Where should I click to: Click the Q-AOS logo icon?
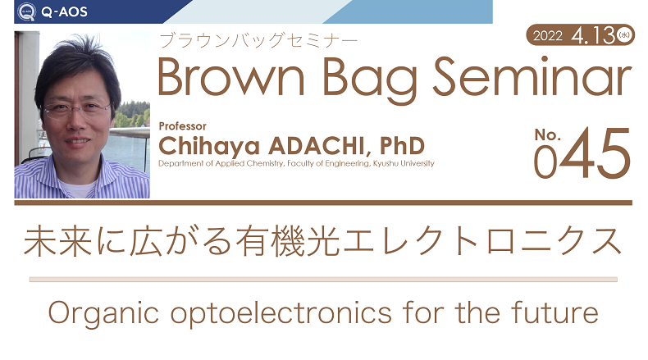[27, 11]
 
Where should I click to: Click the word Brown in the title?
[231, 77]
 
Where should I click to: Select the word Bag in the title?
[370, 80]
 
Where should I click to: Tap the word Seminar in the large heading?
[532, 76]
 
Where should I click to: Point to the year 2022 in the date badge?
[548, 36]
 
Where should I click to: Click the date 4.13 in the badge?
[593, 35]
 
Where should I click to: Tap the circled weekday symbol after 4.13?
[624, 34]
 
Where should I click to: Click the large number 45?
[595, 153]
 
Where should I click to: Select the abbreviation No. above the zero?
[548, 135]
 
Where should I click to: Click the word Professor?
[182, 126]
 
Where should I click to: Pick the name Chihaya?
[209, 147]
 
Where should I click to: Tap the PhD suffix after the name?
[402, 145]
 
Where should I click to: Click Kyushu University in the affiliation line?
[404, 164]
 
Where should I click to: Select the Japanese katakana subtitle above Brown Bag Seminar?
[258, 40]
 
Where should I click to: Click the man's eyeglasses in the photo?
[77, 111]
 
